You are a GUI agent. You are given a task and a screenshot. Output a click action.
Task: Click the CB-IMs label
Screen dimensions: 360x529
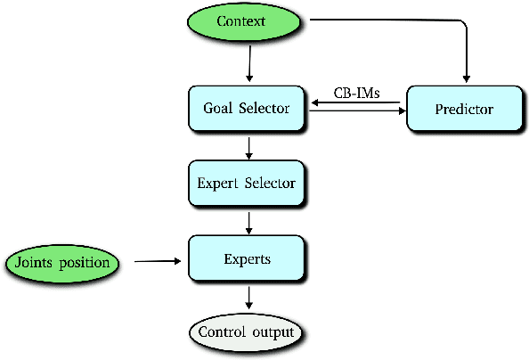pos(356,92)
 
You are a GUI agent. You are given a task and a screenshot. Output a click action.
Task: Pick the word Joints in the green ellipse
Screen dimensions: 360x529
pos(35,263)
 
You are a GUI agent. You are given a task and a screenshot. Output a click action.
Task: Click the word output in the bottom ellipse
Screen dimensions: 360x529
pos(276,333)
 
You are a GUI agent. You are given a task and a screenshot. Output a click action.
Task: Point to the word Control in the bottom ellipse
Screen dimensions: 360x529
pos(225,333)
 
